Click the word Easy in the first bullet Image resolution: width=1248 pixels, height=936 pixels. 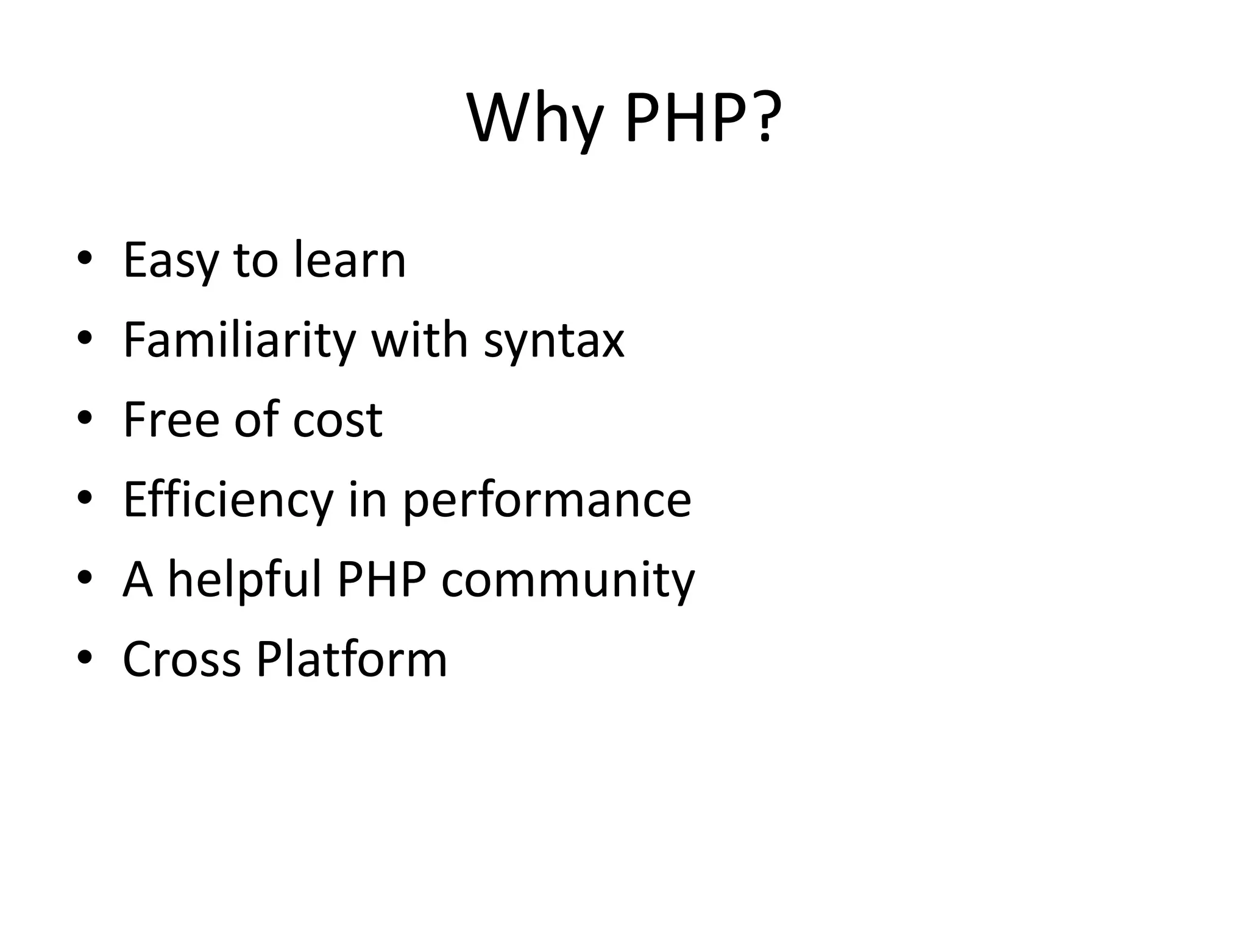pyautogui.click(x=170, y=261)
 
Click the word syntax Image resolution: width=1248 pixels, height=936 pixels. pyautogui.click(x=554, y=341)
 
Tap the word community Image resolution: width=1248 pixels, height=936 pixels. pyautogui.click(x=567, y=581)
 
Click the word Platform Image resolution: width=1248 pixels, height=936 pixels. pyautogui.click(x=352, y=659)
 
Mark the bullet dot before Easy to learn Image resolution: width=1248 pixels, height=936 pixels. pyautogui.click(x=85, y=259)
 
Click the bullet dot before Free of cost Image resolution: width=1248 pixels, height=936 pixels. pyautogui.click(x=85, y=419)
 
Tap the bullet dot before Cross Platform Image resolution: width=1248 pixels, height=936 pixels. pyautogui.click(x=85, y=658)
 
